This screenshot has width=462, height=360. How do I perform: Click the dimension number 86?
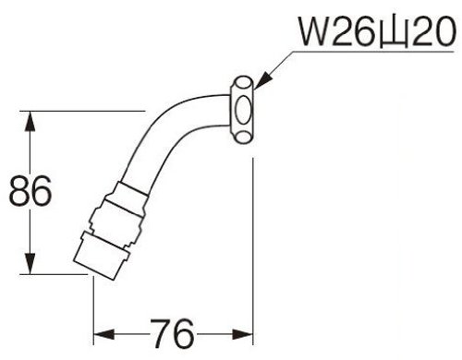[30, 191]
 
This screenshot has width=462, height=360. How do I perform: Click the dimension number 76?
[173, 333]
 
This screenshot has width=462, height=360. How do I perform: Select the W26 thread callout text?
[377, 31]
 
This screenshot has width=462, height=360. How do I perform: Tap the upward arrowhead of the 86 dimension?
[30, 122]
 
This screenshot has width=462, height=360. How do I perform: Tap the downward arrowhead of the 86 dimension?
[30, 263]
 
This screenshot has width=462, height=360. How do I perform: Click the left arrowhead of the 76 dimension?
[104, 334]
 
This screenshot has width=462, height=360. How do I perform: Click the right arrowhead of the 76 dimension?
[242, 334]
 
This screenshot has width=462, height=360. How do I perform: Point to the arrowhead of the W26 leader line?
[262, 80]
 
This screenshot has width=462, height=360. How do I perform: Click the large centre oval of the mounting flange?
[243, 109]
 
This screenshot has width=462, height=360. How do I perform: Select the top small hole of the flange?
[244, 84]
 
